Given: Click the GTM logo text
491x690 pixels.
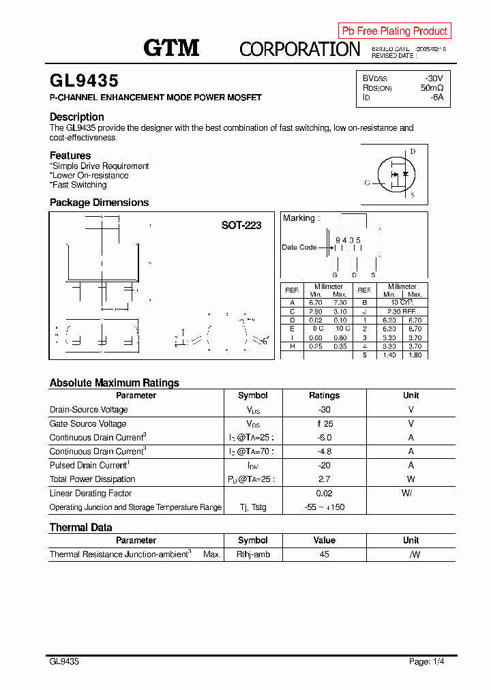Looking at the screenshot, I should click(x=171, y=48).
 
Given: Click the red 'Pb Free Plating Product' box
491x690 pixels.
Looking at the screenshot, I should click(x=394, y=31).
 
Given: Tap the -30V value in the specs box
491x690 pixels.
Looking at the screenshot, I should click(x=434, y=78).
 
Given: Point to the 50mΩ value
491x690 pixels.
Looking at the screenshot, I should click(x=432, y=88).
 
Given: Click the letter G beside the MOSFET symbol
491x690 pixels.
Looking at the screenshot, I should click(x=367, y=183).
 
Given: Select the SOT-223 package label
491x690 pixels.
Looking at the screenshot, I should click(x=241, y=225).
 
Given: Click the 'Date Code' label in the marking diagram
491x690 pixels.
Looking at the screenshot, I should click(x=299, y=247).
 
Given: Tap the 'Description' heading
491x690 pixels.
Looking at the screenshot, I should click(x=77, y=117).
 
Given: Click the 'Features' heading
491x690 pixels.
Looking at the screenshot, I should click(x=70, y=155).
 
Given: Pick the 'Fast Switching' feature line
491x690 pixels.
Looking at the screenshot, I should click(x=79, y=185).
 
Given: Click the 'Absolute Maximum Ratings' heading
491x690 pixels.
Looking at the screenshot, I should click(x=114, y=382).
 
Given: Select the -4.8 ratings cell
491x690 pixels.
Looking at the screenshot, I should click(x=324, y=451).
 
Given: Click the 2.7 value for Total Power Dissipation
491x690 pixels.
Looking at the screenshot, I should click(x=324, y=479).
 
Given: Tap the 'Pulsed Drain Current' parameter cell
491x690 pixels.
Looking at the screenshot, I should click(x=89, y=466).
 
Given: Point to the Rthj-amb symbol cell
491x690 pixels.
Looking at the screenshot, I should click(x=253, y=554).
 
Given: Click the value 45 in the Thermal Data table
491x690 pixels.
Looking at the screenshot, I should click(x=324, y=554).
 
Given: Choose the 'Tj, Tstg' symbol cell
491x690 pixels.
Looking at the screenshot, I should click(x=252, y=507).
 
